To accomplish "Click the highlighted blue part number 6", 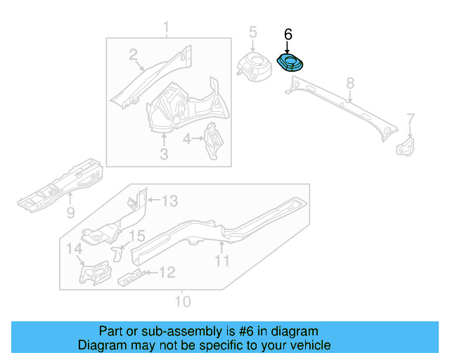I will (x=290, y=63).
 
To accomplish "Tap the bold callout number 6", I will (x=288, y=34).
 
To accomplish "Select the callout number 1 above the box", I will (x=166, y=28).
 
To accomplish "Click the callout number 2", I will (x=133, y=55).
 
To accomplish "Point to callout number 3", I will (x=163, y=153).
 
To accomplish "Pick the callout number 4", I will (x=187, y=139).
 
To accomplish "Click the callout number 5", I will (x=253, y=32).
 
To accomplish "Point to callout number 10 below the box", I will (x=182, y=302).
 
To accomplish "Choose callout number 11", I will (x=222, y=262).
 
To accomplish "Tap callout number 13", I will (x=169, y=202).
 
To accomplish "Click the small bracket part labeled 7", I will (x=406, y=147).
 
